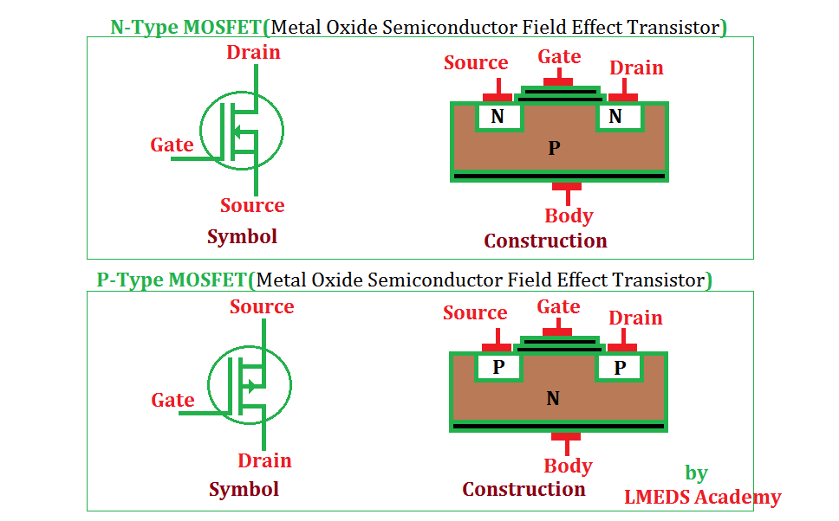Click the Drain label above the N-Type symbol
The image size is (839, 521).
253,53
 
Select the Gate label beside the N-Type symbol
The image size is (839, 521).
172,145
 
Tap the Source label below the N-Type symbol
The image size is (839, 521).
252,206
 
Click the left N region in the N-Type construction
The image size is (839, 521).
498,117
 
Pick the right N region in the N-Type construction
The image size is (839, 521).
616,117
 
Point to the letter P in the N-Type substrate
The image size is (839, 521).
555,149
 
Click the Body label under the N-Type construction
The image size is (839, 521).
569,215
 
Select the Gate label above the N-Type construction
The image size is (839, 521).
559,57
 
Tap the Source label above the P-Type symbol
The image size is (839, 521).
262,307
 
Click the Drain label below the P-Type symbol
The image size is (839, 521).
264,460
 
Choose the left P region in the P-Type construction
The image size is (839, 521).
498,367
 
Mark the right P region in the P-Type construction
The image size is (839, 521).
620,368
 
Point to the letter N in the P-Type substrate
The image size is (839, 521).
553,399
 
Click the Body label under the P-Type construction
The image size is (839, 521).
568,466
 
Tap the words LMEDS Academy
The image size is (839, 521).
702,497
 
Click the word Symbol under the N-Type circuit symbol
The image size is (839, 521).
242,236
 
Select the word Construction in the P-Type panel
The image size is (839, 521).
524,490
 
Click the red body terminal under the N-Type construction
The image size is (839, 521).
567,187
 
